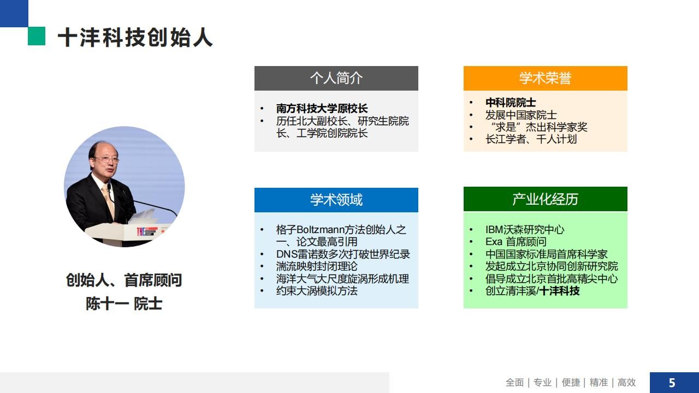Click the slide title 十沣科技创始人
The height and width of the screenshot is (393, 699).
135,38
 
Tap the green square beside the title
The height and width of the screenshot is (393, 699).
37,36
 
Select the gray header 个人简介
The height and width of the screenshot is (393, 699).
336,78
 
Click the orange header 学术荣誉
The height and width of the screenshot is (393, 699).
545,78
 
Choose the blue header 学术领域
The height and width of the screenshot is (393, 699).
336,200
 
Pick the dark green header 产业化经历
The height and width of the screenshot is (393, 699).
545,199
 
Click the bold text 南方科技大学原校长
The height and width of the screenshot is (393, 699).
322,109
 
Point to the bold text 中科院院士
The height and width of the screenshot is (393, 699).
511,102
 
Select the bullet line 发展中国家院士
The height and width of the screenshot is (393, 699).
521,115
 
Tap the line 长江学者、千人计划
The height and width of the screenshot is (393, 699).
531,139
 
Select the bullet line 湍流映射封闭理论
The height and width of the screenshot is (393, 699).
316,266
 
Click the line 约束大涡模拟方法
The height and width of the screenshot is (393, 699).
316,291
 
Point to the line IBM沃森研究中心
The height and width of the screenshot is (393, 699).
525,230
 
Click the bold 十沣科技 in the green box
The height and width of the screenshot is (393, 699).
560,291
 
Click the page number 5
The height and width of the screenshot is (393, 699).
672,383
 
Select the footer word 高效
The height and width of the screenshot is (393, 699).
626,383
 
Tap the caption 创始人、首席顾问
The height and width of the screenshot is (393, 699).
124,280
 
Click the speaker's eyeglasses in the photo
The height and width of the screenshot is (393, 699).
106,160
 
